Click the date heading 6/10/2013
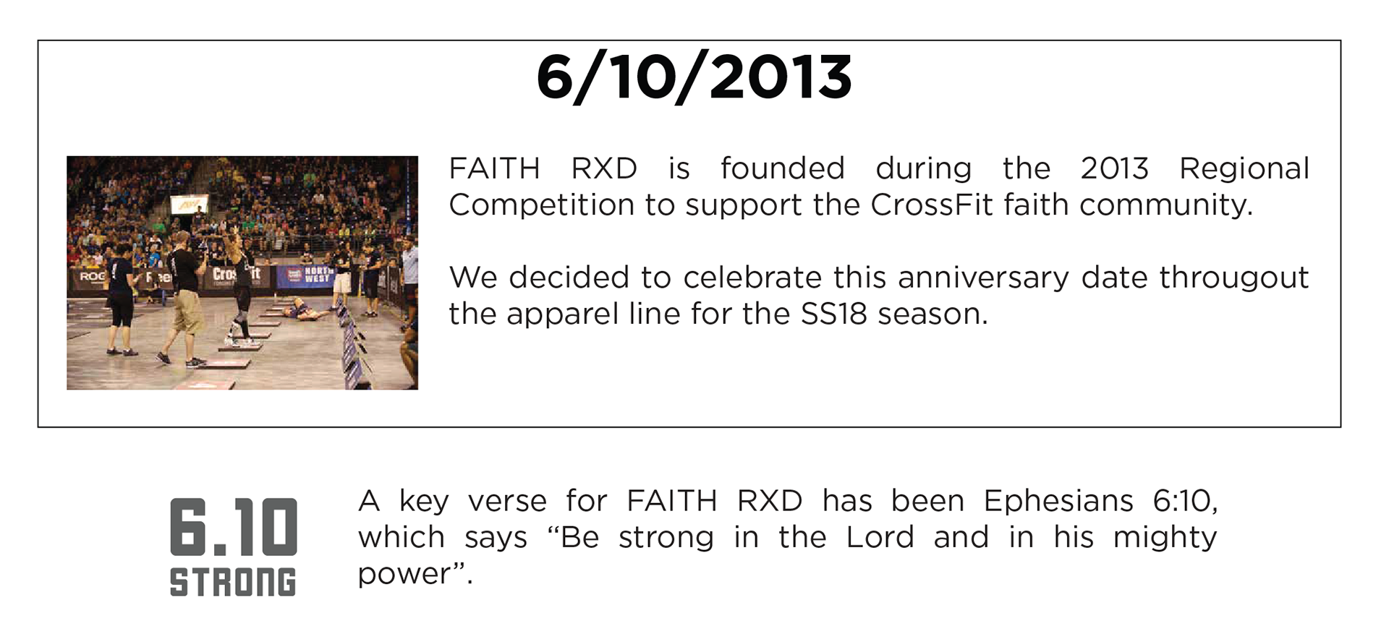694,77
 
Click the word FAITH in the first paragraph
494,168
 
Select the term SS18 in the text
833,314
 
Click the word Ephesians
1058,502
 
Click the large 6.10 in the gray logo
233,527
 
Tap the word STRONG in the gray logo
233,582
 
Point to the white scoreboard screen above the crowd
190,205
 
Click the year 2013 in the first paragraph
1114,168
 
